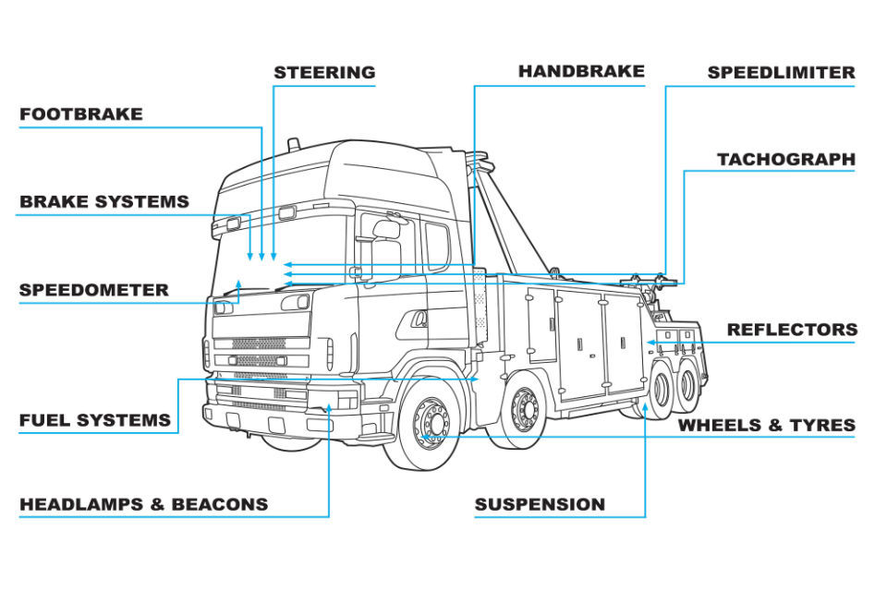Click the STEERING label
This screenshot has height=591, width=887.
[324, 72]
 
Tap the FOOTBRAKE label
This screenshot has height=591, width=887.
[81, 115]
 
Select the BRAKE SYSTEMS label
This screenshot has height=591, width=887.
[103, 201]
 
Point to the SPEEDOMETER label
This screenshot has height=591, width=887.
[93, 290]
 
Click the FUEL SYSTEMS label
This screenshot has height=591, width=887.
[94, 420]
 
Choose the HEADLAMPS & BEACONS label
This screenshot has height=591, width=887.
[143, 504]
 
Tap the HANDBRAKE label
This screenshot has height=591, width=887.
[581, 71]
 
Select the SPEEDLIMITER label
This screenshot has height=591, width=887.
[781, 72]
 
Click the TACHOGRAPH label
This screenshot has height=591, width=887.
[786, 160]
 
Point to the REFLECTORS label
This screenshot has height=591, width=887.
[792, 330]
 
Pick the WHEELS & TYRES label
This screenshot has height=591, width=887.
[766, 426]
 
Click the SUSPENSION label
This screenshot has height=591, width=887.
[540, 504]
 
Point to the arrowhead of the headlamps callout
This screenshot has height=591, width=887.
[329, 407]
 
